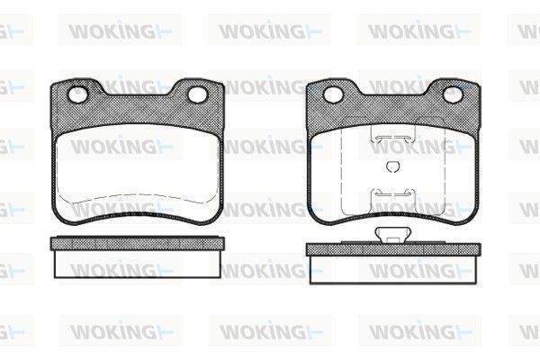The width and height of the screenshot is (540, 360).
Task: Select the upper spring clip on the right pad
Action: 392,137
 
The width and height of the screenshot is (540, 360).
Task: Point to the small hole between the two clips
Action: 392,166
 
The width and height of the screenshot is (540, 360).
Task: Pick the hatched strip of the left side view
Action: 138,243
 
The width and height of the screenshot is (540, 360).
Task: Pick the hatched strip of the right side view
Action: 393,247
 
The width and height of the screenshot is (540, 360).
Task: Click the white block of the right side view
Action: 393,268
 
